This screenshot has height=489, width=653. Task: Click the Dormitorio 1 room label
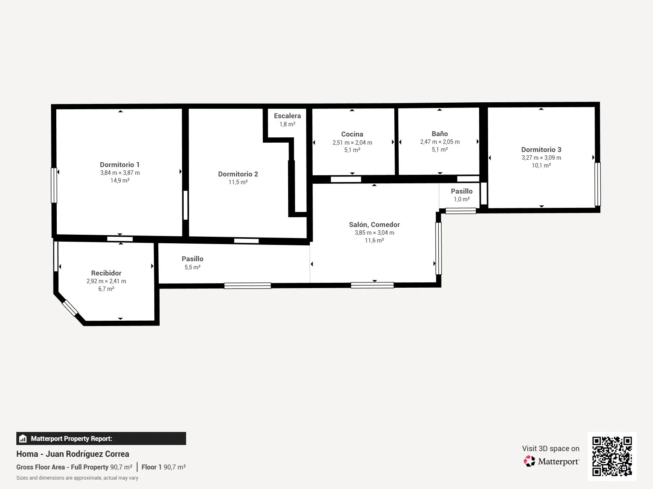(120, 165)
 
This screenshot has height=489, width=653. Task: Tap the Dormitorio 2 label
(238, 174)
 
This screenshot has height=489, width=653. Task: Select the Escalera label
(287, 116)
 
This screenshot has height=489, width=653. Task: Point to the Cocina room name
(352, 134)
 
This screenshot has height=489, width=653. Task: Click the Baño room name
(440, 134)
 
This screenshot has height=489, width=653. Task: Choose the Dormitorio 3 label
(541, 150)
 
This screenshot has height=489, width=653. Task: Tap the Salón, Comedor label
(374, 225)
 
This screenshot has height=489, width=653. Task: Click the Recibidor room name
(106, 273)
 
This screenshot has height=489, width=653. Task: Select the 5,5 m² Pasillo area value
(193, 267)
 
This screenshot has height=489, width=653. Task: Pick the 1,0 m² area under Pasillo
(462, 199)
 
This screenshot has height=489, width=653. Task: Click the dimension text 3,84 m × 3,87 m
(120, 173)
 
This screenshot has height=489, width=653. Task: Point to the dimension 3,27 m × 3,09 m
(541, 158)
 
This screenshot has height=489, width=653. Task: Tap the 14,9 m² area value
(120, 181)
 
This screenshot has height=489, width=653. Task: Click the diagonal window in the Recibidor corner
(70, 308)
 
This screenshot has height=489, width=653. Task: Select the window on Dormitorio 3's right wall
(597, 184)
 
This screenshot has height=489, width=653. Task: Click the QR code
(612, 456)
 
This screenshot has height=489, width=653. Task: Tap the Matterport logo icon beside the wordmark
(529, 461)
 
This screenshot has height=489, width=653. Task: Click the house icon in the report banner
(23, 438)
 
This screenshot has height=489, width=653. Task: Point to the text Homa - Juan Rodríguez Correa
(73, 454)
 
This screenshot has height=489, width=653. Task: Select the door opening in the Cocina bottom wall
(346, 179)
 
